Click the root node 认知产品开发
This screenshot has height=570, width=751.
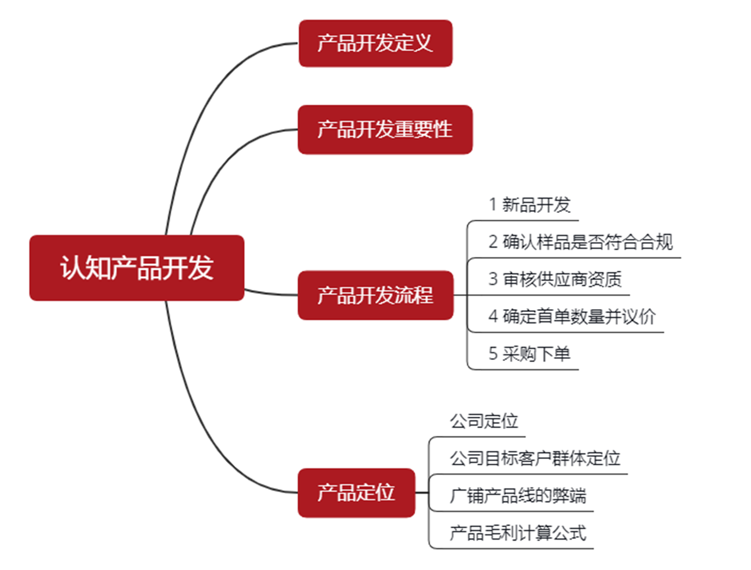tap(136, 268)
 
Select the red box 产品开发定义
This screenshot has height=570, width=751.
tap(375, 43)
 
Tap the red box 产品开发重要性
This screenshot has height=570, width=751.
tap(385, 130)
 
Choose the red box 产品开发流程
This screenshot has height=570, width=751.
tap(375, 295)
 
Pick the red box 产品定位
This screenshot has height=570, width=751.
tap(356, 493)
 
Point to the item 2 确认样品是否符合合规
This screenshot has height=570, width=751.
tap(580, 242)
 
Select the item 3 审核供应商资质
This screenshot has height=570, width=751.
tap(555, 279)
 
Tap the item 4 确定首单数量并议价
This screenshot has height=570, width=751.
tap(572, 317)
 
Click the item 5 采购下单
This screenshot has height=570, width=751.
tap(530, 354)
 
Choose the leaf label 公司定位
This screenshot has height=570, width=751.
tap(483, 421)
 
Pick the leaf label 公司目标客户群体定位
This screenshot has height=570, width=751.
tap(535, 458)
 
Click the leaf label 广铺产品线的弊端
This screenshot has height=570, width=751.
tap(518, 496)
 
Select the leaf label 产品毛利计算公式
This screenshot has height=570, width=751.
tap(518, 533)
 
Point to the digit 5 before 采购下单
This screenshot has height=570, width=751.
tap(493, 354)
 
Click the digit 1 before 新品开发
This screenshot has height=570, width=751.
tap(493, 205)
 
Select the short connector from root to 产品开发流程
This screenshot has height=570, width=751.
tap(270, 293)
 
